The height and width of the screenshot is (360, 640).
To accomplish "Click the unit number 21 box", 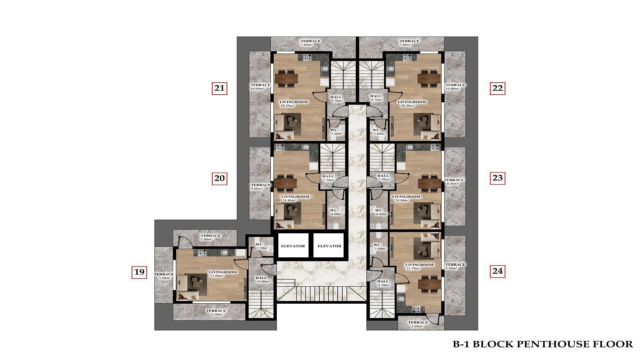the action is (x=219, y=88).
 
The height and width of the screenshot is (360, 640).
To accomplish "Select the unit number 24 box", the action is (x=497, y=271).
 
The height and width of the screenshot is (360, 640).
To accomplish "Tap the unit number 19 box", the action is (x=139, y=272).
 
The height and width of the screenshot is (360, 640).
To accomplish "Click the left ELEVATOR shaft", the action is (x=293, y=246).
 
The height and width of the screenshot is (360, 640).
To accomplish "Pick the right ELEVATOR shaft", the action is (x=329, y=246).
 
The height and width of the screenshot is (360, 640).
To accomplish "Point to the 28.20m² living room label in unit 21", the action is (x=293, y=104).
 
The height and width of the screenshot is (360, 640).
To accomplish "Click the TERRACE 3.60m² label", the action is (x=418, y=324).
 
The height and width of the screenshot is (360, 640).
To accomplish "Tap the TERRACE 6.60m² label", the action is (x=216, y=312).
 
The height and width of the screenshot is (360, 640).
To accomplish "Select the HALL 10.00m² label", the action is (x=263, y=279).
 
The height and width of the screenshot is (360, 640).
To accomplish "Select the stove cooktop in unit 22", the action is (x=408, y=57).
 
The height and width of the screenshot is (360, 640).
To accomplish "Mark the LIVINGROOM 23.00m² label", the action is (x=223, y=274).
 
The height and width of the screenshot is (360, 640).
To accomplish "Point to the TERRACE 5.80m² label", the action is (x=210, y=237).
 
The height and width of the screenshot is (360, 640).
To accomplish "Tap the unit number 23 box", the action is (x=497, y=178).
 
